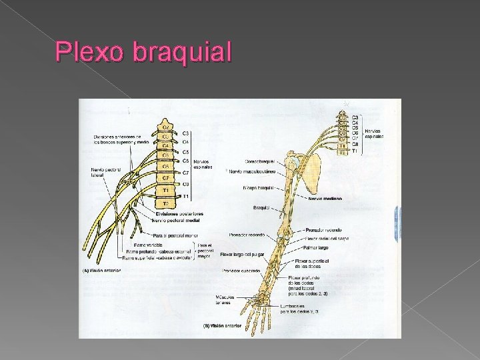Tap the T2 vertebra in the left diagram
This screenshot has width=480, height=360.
click(164, 201)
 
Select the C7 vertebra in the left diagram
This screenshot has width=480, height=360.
click(164, 178)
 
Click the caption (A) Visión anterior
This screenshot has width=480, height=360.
click(101, 271)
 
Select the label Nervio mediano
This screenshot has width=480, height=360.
click(325, 198)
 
